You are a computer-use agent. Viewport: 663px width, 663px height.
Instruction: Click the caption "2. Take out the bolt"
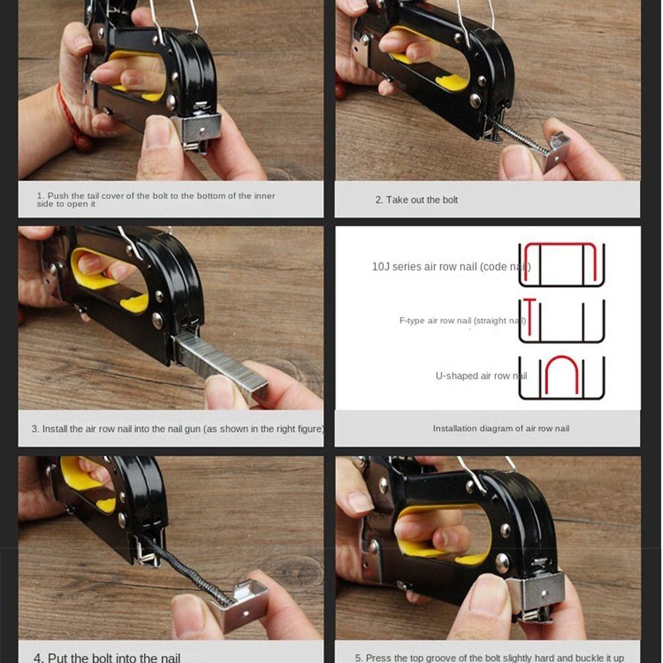(x=416, y=200)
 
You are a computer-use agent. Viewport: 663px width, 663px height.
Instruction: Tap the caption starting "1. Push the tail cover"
(x=156, y=200)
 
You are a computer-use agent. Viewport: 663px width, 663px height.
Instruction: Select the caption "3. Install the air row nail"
(x=177, y=429)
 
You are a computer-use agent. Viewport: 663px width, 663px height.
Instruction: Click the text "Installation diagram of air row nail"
(x=501, y=428)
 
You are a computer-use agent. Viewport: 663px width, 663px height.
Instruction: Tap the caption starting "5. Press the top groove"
(x=489, y=658)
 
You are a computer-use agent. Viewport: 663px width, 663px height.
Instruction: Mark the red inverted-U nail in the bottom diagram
(x=562, y=373)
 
